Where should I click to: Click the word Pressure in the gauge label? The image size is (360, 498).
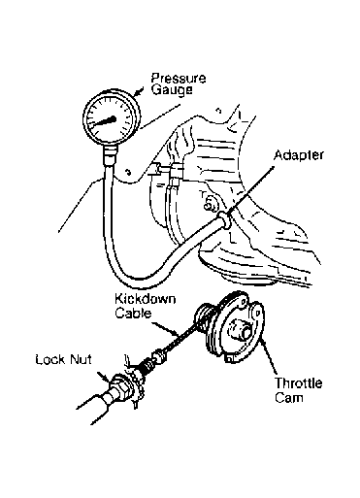click(179, 79)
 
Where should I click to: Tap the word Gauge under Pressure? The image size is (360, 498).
click(172, 89)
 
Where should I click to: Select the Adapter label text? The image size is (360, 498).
click(299, 155)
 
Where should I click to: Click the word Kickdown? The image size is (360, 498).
click(146, 299)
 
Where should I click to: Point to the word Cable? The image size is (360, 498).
click(133, 314)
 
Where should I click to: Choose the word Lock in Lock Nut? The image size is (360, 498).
click(49, 360)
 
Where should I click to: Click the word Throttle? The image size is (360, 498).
click(299, 383)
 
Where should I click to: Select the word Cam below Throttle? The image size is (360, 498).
click(289, 397)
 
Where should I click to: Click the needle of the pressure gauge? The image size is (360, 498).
click(104, 121)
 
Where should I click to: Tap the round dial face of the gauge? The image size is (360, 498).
click(112, 119)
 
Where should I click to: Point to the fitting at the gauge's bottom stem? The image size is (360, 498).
click(110, 155)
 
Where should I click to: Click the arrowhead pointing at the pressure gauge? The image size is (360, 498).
click(138, 92)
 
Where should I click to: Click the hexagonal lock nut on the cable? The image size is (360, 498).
click(120, 385)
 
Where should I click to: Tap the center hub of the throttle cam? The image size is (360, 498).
click(242, 330)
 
